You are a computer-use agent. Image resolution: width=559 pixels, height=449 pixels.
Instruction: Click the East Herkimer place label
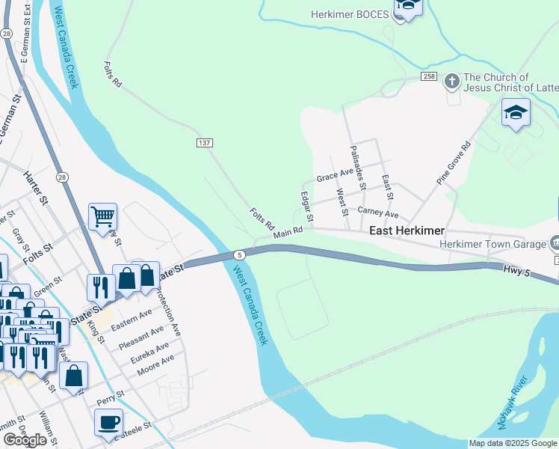[x=407, y=231]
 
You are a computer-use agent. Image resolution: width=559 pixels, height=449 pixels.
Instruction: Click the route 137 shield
[x=205, y=142]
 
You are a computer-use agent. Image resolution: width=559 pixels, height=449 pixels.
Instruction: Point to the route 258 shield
[x=428, y=77]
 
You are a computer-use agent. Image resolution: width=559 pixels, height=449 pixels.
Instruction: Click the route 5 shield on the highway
[x=238, y=254]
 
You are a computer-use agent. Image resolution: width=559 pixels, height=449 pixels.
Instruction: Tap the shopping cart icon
[x=102, y=217]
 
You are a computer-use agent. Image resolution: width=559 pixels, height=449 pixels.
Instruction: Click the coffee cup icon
[x=109, y=422]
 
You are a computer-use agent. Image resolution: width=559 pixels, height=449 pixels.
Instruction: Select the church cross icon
[x=451, y=79]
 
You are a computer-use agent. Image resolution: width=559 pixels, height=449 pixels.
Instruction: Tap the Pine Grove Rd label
[x=454, y=162]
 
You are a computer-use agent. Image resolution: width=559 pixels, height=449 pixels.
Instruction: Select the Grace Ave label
[x=334, y=177]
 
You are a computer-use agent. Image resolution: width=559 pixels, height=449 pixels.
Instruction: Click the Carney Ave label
[x=378, y=213]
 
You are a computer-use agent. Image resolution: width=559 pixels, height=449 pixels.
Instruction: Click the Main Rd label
[x=288, y=233]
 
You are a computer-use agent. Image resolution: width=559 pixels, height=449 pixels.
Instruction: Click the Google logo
[x=25, y=440]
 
